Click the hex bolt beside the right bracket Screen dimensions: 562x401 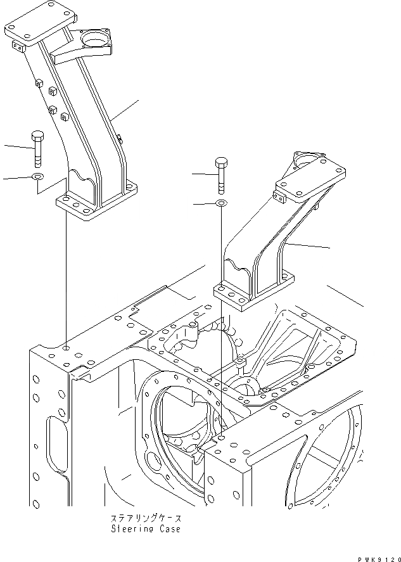point(221,174)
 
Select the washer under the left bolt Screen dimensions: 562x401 point(37,177)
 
